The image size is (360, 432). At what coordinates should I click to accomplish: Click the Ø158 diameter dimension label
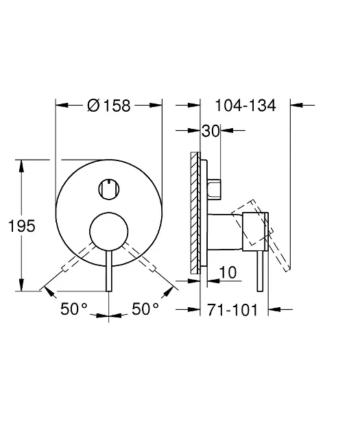[109, 106]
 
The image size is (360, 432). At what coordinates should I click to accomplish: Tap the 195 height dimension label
[22, 226]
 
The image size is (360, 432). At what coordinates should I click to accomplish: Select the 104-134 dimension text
[245, 106]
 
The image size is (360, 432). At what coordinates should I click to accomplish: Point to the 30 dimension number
[211, 130]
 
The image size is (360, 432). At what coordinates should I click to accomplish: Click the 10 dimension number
[228, 272]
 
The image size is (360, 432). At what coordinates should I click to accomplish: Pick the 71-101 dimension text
[232, 310]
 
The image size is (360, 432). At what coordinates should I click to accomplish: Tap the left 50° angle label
[74, 309]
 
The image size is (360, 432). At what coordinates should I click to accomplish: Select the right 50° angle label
[145, 309]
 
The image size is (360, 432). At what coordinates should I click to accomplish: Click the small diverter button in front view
[109, 189]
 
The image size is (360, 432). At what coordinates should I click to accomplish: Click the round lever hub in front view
[109, 232]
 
